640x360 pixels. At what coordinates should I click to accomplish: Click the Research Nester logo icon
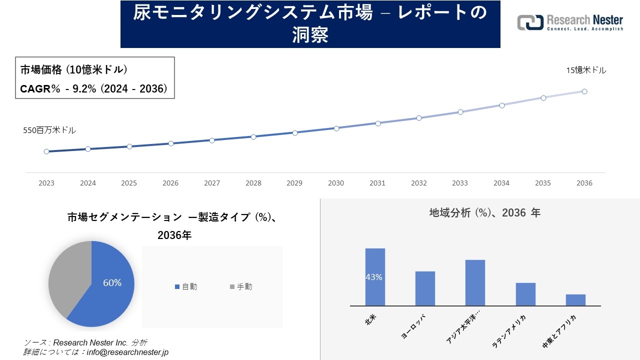click(530, 22)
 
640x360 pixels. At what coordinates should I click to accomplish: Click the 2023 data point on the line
click(46, 151)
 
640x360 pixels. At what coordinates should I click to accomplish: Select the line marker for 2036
click(584, 91)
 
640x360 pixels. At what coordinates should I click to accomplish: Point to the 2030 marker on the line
click(336, 128)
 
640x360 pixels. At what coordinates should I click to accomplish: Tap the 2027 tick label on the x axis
click(212, 183)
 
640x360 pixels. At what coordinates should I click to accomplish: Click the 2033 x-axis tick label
click(460, 183)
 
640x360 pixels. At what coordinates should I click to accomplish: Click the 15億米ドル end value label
click(586, 70)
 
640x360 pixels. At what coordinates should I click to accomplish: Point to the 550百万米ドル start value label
click(49, 130)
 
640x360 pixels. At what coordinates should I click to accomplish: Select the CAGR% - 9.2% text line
click(93, 89)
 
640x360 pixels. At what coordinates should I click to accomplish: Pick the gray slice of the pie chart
click(67, 275)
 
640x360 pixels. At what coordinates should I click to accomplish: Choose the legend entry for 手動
click(241, 286)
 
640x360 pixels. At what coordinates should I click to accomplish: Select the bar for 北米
click(375, 277)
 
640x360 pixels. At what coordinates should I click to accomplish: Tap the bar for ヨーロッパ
click(425, 288)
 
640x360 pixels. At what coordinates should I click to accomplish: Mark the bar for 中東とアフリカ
click(575, 300)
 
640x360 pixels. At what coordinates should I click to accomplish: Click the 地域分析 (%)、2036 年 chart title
click(484, 213)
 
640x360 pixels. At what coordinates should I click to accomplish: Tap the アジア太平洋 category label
click(462, 330)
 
